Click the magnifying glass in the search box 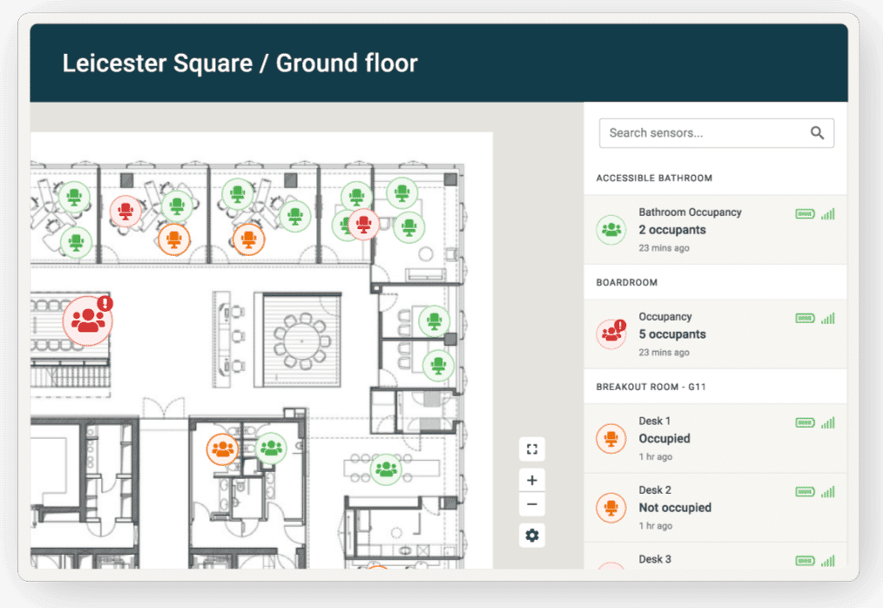tap(817, 133)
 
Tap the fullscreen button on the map tap(531, 449)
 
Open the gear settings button tap(531, 535)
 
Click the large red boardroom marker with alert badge tap(88, 320)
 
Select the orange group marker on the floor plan tap(222, 449)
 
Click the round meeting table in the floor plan tap(302, 341)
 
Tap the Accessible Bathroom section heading tap(654, 178)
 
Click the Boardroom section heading tap(627, 282)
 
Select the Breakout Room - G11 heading tap(651, 387)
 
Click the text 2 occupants tap(671, 230)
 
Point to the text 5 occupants tap(671, 334)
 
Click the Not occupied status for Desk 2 tap(675, 508)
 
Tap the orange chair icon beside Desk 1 tap(611, 438)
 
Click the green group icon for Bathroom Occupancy tap(611, 230)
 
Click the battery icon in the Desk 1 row tap(805, 422)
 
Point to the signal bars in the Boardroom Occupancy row tap(828, 318)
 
